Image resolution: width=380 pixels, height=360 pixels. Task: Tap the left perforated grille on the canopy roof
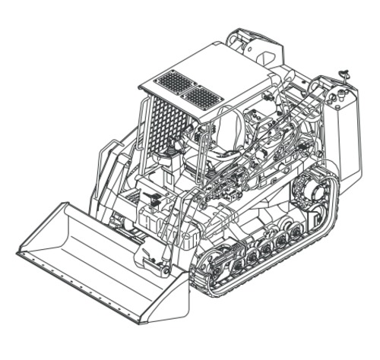(176, 81)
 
